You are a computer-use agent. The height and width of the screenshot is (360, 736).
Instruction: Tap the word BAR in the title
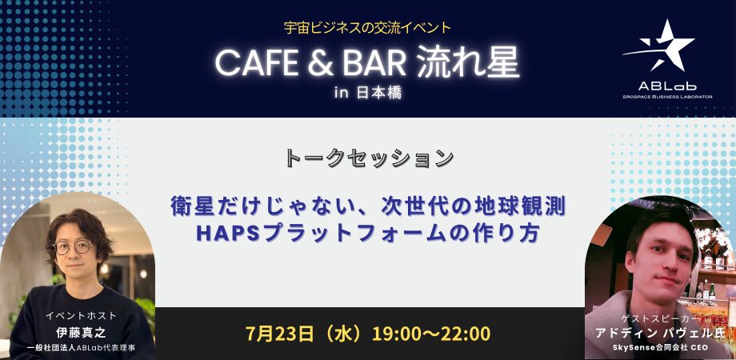pyautogui.click(x=374, y=63)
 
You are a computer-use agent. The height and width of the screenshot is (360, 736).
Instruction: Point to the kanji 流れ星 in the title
pyautogui.click(x=467, y=63)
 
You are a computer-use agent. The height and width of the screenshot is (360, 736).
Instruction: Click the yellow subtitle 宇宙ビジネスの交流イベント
pyautogui.click(x=367, y=28)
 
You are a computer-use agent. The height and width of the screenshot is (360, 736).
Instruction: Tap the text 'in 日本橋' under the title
pyautogui.click(x=368, y=93)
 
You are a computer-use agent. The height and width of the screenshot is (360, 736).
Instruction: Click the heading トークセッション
pyautogui.click(x=370, y=158)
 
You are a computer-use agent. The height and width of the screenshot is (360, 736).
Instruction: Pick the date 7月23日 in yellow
pyautogui.click(x=279, y=334)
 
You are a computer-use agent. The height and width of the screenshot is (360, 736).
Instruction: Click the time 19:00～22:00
pyautogui.click(x=431, y=334)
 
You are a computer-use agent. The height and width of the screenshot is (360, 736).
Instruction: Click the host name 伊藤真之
pyautogui.click(x=81, y=333)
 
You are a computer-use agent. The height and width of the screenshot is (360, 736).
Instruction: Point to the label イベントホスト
pyautogui.click(x=81, y=316)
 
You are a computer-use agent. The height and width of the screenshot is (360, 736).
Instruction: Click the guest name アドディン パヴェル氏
pyautogui.click(x=660, y=333)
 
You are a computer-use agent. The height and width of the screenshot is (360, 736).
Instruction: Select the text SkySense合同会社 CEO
pyautogui.click(x=660, y=348)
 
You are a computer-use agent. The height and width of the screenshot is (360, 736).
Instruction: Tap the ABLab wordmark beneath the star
pyautogui.click(x=666, y=86)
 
